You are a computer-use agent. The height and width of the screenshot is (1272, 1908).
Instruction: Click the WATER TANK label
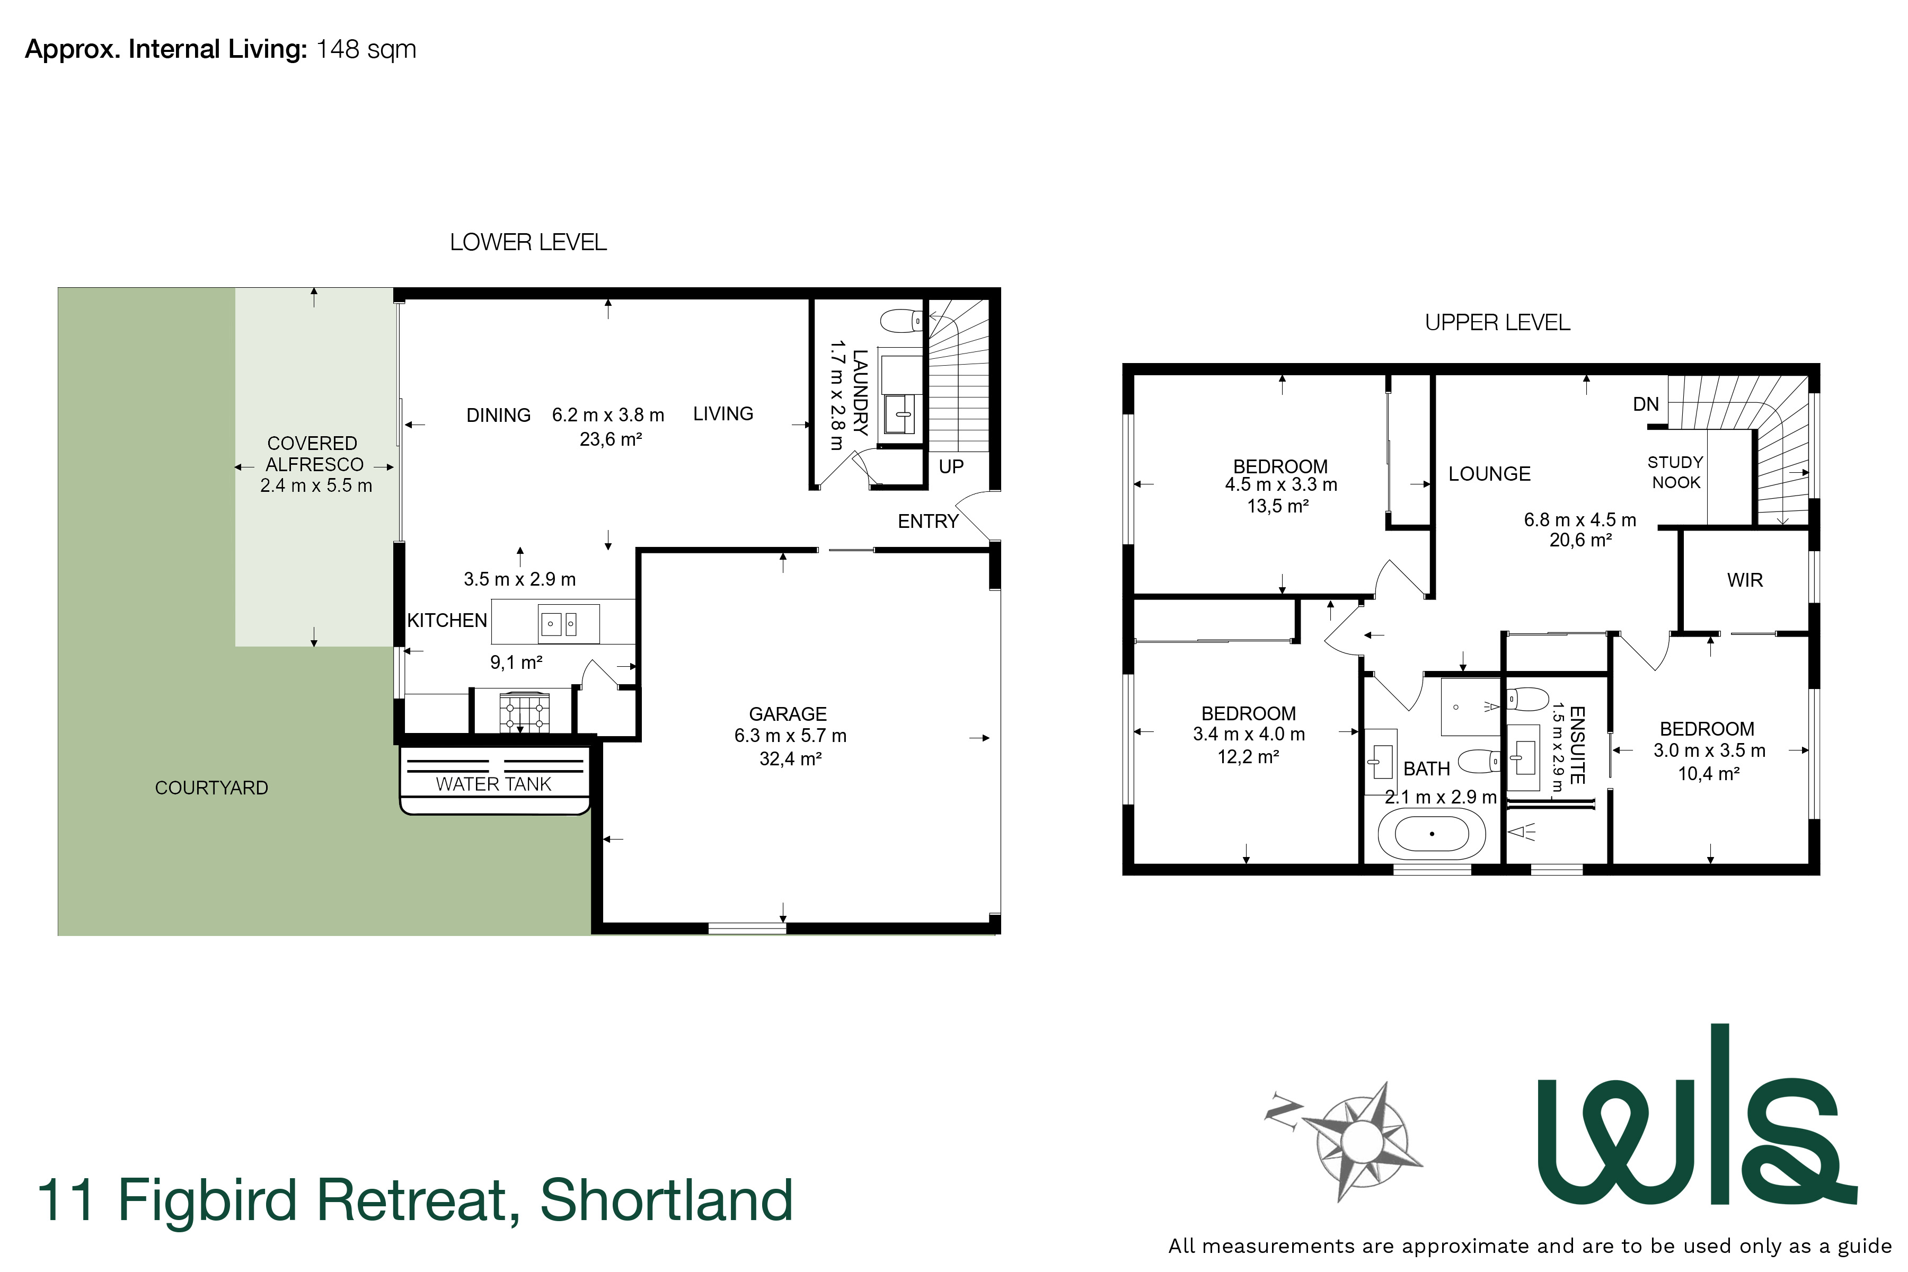point(493,784)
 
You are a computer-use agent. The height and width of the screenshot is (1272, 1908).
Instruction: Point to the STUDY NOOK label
point(1675,472)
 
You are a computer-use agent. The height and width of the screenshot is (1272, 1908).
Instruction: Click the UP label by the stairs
point(951,466)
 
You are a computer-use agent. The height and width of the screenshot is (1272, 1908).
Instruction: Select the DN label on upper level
point(1646,404)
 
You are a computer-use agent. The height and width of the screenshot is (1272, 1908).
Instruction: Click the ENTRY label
point(928,522)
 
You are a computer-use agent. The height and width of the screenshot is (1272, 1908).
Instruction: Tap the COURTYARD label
point(211,788)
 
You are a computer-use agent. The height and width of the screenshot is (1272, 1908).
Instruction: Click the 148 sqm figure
point(366,49)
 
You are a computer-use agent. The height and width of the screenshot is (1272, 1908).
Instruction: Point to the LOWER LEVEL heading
point(528,243)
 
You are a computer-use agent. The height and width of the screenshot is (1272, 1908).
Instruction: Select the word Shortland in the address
point(666,1200)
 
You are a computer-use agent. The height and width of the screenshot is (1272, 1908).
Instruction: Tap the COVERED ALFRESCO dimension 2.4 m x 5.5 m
point(315,486)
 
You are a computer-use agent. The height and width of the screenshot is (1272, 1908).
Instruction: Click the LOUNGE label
point(1489,474)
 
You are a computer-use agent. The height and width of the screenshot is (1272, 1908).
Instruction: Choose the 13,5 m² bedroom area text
point(1278,506)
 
